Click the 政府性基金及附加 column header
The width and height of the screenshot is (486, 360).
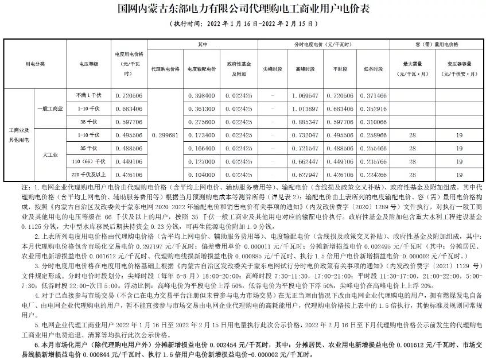click(x=236, y=69)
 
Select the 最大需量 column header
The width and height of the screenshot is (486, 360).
click(x=412, y=69)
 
